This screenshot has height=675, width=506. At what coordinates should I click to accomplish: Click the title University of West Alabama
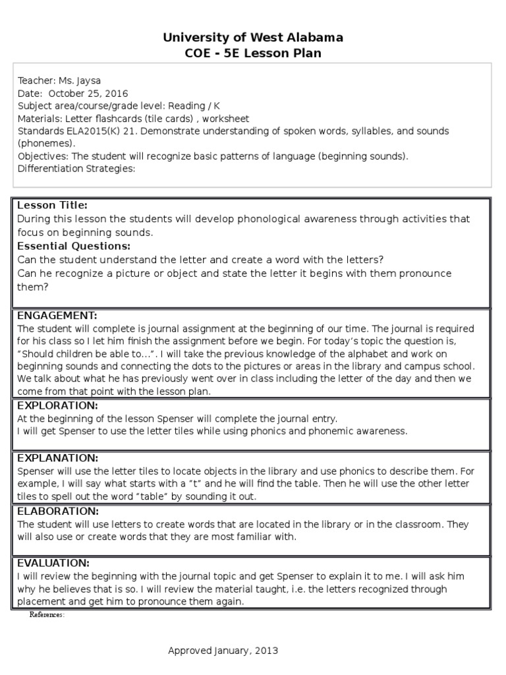pyautogui.click(x=253, y=38)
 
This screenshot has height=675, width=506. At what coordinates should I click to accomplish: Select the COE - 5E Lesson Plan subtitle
pyautogui.click(x=253, y=53)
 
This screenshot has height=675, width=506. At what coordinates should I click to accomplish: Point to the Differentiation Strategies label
pyautogui.click(x=76, y=168)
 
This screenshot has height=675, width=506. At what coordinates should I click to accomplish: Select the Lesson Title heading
pyautogui.click(x=52, y=206)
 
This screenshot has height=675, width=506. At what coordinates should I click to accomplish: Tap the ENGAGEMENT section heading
pyautogui.click(x=57, y=315)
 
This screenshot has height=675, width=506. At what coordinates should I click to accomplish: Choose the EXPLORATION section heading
pyautogui.click(x=57, y=405)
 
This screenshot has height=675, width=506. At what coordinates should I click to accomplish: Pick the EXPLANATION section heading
pyautogui.click(x=58, y=457)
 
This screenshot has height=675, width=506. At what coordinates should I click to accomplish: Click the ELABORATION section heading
pyautogui.click(x=58, y=511)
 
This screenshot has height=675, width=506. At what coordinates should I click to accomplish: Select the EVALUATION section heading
pyautogui.click(x=53, y=563)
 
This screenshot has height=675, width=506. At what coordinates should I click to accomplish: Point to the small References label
pyautogui.click(x=47, y=614)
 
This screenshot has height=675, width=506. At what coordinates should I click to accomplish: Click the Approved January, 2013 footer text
pyautogui.click(x=223, y=651)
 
